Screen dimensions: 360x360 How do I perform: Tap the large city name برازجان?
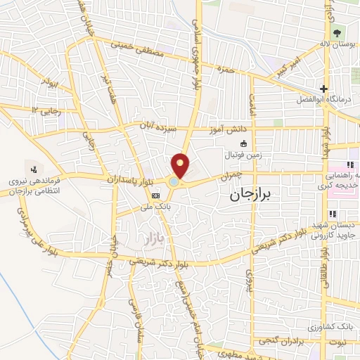tap(255, 198)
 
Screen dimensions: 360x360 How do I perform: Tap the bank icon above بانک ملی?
tap(156, 196)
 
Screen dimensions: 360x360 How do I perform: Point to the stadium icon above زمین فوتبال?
tap(233, 142)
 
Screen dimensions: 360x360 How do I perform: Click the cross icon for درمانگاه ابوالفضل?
tap(323, 89)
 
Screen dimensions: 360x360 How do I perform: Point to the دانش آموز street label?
tap(223, 130)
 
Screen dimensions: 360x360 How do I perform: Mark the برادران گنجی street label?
tap(289, 342)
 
